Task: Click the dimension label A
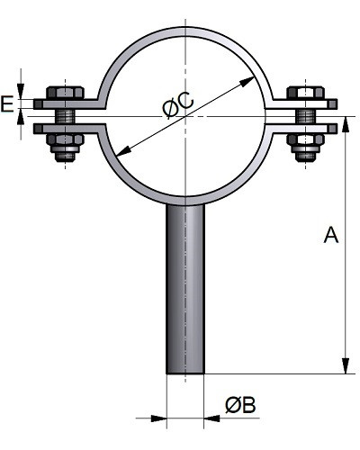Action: point(331,235)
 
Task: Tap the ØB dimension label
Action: point(240,405)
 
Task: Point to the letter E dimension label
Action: point(7,103)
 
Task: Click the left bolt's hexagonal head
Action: point(65,93)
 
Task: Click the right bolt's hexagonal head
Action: point(305,93)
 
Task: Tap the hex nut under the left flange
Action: point(65,139)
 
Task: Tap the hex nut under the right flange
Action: point(305,139)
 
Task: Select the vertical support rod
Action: point(185,289)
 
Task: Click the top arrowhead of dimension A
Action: point(346,123)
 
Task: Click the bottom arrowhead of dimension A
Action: point(346,366)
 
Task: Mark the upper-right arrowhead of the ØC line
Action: point(247,81)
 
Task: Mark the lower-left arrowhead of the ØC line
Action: point(123,151)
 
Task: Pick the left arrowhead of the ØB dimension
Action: point(158,418)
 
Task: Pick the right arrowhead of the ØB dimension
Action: point(212,418)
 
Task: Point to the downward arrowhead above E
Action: point(21,91)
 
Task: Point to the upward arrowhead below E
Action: point(21,117)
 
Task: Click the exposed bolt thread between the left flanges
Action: point(65,116)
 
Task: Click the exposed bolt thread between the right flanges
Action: point(305,116)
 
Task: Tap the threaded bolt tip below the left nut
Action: point(65,157)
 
